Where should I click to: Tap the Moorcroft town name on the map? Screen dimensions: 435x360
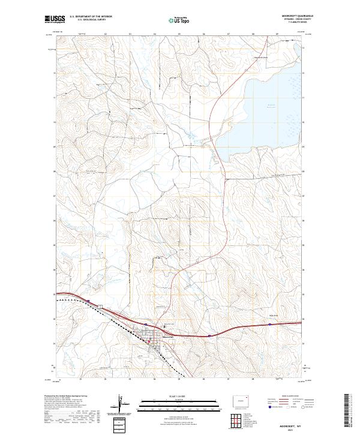[x=169, y=337]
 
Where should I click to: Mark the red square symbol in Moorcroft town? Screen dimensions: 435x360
[x=149, y=341]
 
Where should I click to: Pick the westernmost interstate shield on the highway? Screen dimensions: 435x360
[x=88, y=301]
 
